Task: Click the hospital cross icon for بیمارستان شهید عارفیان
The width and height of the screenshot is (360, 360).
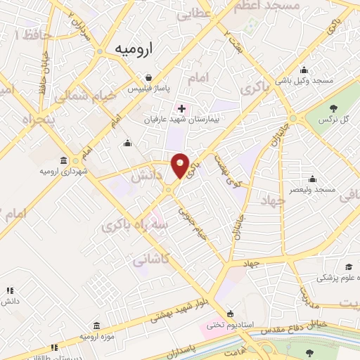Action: [182, 109]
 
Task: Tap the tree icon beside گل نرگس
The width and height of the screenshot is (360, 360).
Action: [333, 108]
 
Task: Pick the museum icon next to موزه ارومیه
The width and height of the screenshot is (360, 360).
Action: [96, 326]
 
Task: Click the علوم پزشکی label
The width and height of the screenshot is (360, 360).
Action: [335, 278]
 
